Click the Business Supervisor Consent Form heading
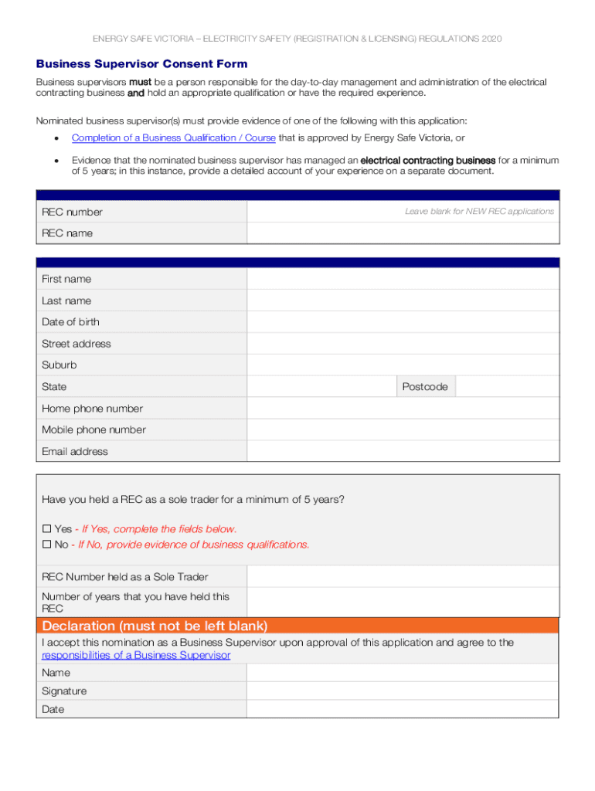point(141,64)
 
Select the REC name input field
point(402,233)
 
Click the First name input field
point(402,279)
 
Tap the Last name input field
point(402,300)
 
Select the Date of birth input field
point(402,322)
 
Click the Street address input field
point(402,344)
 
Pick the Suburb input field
point(402,365)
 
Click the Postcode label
point(425,387)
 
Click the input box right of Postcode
point(506,387)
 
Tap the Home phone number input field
point(402,409)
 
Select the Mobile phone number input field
point(402,429)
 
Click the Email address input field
point(402,451)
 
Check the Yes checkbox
point(46,529)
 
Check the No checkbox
point(46,545)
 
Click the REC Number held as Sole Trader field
point(402,577)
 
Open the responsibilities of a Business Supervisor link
point(135,655)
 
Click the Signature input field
point(402,691)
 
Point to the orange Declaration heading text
point(155,626)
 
